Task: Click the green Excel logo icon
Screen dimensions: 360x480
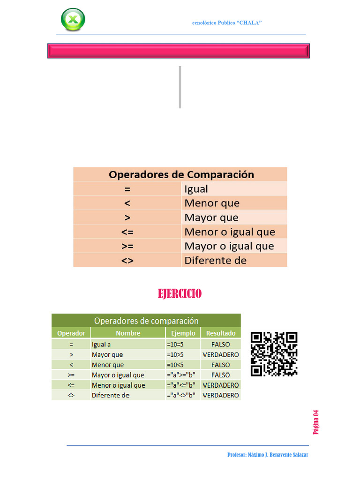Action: (73, 20)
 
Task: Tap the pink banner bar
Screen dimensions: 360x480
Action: (179, 51)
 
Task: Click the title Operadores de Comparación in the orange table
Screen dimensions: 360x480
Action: (181, 175)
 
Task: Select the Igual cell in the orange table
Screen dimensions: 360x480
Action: (196, 189)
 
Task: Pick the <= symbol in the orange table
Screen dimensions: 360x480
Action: (127, 232)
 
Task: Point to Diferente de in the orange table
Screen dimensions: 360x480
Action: (215, 260)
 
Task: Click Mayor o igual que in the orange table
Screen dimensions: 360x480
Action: (229, 246)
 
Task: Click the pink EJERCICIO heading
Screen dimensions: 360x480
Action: (180, 294)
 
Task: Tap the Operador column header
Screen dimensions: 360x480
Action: (71, 333)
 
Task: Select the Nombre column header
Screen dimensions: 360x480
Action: (128, 333)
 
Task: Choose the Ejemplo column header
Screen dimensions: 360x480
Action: (183, 333)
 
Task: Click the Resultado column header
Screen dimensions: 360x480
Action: (221, 333)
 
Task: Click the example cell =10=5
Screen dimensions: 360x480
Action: (175, 345)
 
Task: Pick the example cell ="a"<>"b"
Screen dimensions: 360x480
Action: (181, 395)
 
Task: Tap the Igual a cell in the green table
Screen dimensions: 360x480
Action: (101, 345)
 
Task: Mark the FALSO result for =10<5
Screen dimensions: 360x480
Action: (221, 365)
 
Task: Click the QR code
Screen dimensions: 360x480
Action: (274, 354)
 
